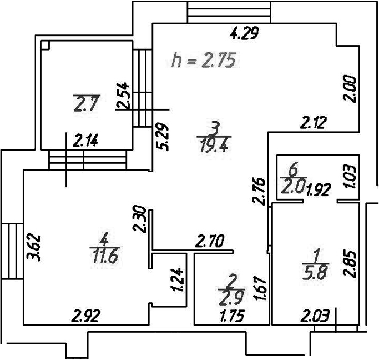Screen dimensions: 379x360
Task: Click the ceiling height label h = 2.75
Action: click(203, 60)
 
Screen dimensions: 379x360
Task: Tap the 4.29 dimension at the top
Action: click(244, 33)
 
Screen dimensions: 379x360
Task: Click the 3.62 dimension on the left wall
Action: click(34, 247)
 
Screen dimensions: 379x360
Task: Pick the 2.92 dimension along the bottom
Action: click(86, 316)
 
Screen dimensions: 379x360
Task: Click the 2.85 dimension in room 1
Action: click(350, 264)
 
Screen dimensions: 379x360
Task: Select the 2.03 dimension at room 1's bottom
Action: click(315, 316)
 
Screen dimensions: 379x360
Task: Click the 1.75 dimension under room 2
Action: click(233, 316)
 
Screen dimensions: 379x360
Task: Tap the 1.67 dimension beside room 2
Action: click(260, 288)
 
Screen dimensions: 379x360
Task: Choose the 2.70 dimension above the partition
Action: click(210, 241)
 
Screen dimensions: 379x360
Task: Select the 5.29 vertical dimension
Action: click(162, 137)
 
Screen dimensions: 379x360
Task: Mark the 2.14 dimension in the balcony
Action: click(85, 141)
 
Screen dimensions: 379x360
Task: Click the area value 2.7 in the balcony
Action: click(87, 104)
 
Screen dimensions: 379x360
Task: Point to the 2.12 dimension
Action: click(314, 122)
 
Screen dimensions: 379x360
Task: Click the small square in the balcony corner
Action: click(45, 45)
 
